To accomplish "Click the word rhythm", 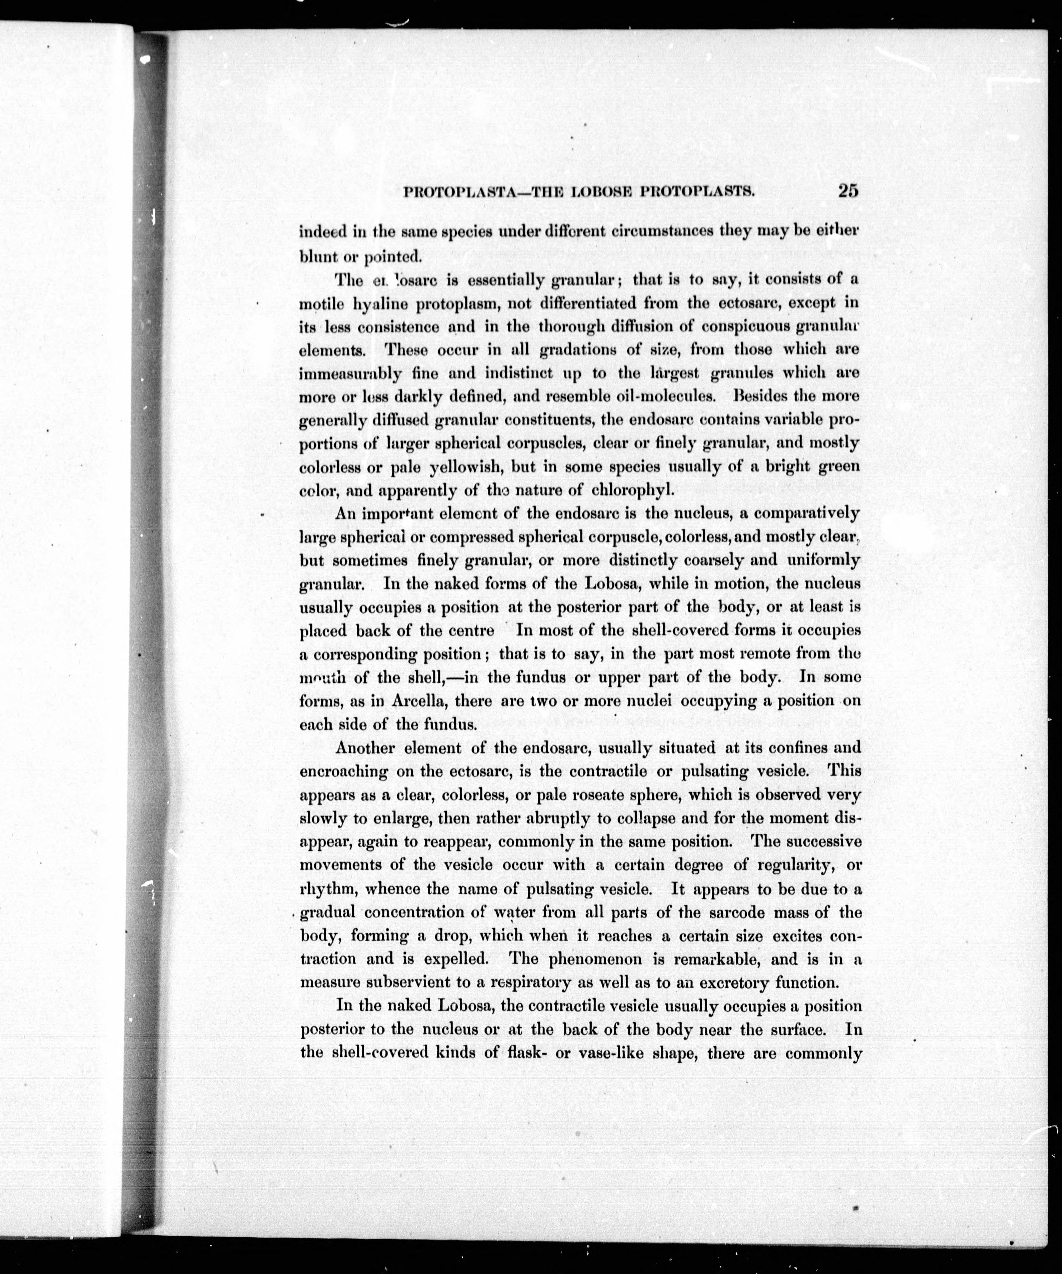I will (324, 890).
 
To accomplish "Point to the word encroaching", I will (344, 772).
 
